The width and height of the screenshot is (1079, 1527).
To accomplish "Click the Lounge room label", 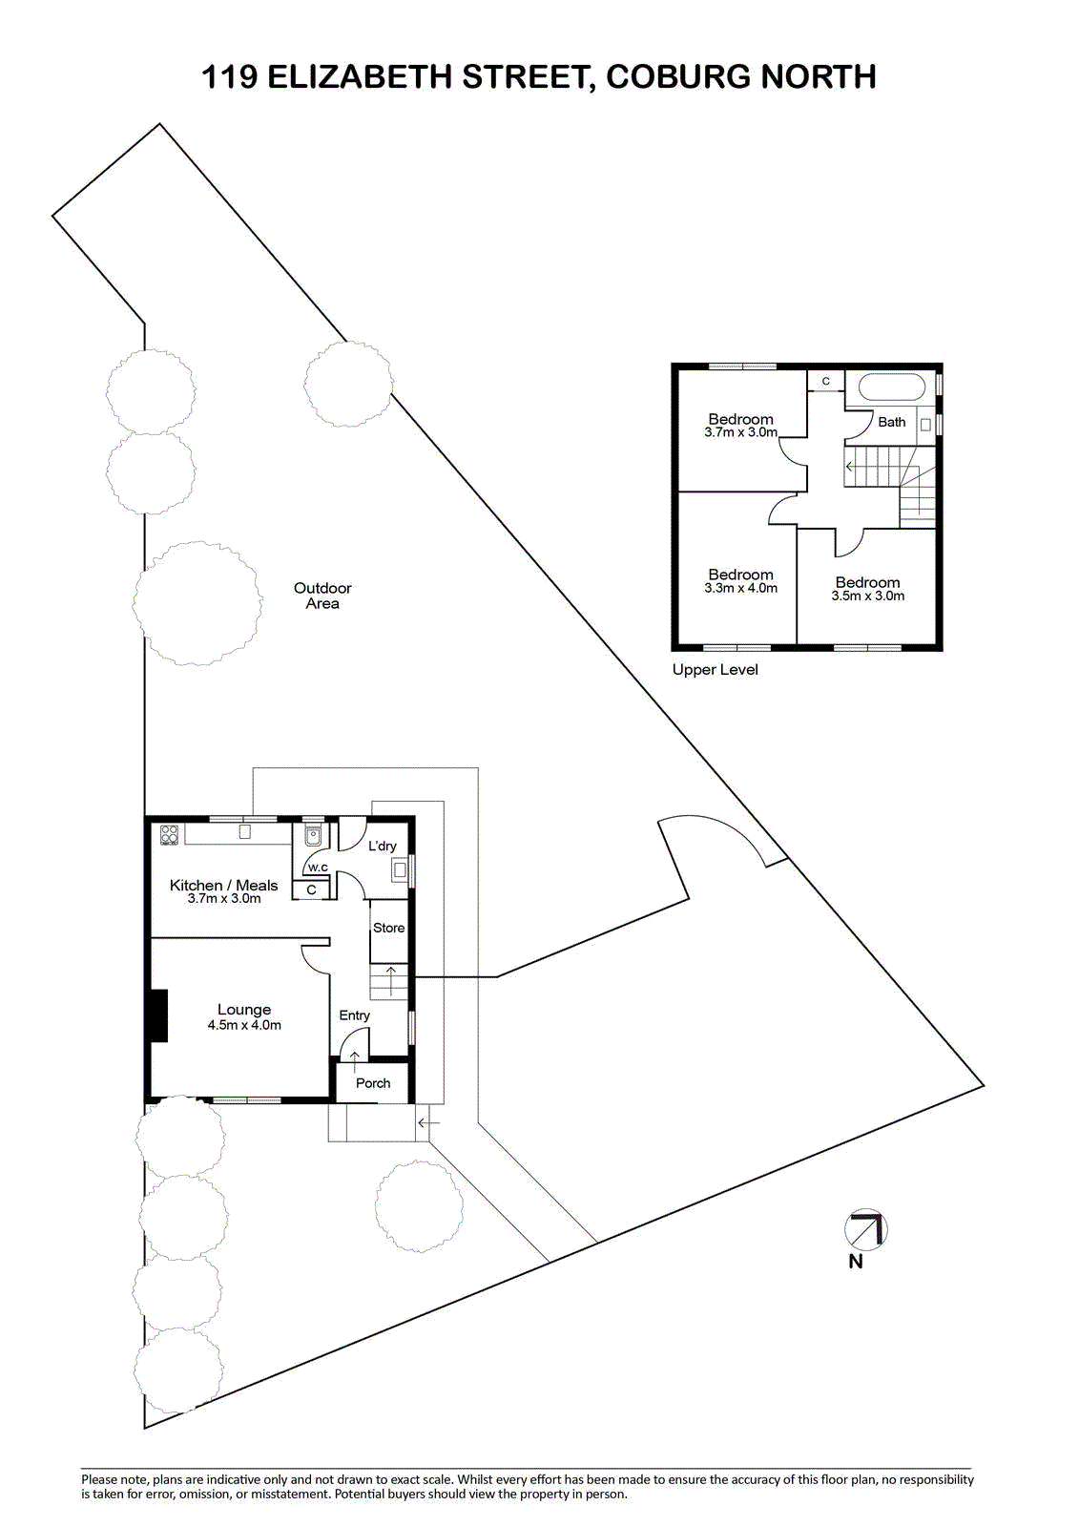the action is point(244,1009).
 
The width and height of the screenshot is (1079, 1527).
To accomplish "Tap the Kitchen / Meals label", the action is point(223,885).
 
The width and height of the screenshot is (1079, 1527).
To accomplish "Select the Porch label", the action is point(373,1082).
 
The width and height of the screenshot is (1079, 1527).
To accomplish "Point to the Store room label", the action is point(388,927).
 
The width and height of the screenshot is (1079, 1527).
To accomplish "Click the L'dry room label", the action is point(382,846).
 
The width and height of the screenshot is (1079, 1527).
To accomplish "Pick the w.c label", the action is point(318,868).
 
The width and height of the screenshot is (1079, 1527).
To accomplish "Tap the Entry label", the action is point(355,1015).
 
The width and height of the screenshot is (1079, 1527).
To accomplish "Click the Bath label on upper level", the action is point(892,422).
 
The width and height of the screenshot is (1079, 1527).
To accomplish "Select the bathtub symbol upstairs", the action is point(891,387).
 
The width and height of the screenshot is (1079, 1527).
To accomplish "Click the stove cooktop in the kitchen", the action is point(169,834).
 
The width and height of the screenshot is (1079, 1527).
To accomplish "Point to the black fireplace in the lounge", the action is point(158,1015).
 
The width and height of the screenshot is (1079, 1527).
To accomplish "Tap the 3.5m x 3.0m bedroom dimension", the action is point(868,596).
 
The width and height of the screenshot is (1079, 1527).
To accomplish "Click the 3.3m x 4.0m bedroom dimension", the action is point(741,588).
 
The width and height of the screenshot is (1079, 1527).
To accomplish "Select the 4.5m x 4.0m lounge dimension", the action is point(244,1025).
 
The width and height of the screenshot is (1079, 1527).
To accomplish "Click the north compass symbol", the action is point(865,1230).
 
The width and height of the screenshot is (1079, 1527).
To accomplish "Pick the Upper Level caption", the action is point(715,669).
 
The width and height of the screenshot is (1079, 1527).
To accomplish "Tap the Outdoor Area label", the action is point(322,596).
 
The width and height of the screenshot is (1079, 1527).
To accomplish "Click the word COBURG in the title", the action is point(678,76).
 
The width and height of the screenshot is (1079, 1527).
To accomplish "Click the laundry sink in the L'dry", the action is point(400,869).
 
